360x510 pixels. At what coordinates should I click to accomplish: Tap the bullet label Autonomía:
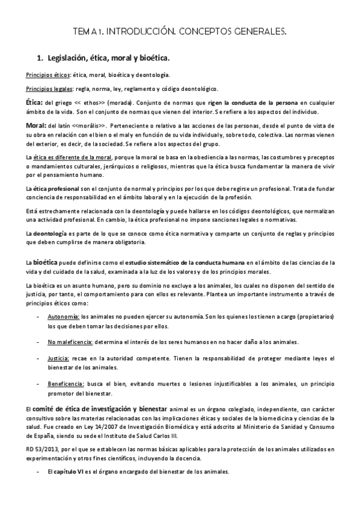[63, 316]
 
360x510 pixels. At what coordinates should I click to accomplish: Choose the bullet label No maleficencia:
[70, 342]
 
